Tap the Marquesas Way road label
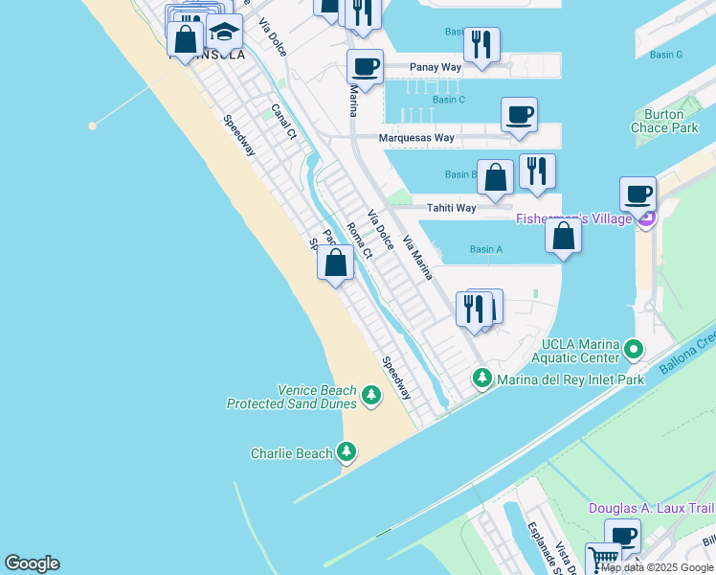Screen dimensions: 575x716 416,138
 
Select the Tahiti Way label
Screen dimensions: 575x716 451,208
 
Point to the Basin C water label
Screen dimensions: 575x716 448,100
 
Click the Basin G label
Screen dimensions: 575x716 665,55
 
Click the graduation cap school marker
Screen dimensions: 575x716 224,34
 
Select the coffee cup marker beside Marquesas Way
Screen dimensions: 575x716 519,116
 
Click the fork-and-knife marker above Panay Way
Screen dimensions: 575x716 481,45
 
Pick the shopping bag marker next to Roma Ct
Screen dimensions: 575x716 335,263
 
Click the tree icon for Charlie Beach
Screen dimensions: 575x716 347,452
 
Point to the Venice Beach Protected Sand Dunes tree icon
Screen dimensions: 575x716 372,393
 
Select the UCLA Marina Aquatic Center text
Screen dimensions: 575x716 581,351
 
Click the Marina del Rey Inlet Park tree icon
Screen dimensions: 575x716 483,379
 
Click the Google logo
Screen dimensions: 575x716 32,563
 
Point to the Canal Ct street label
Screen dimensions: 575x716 284,121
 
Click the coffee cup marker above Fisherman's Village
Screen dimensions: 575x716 638,195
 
